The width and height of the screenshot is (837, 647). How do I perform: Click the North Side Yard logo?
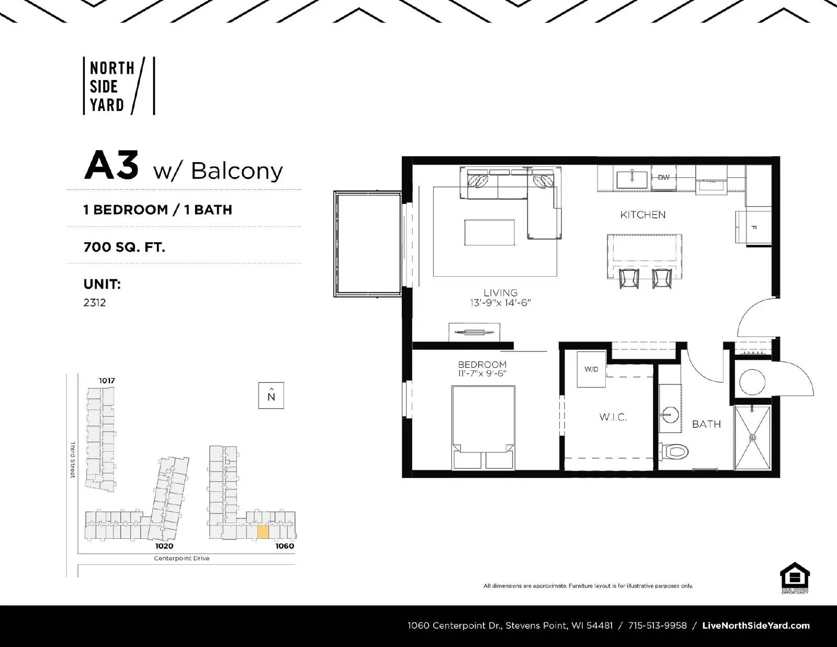click(119, 86)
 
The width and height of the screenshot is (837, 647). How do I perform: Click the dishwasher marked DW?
click(663, 178)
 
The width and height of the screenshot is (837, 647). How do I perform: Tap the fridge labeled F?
click(754, 228)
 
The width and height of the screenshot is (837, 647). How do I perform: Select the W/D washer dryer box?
click(591, 369)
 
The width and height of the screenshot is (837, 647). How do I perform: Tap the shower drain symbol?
click(753, 437)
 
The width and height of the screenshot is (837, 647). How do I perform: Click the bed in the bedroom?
click(483, 427)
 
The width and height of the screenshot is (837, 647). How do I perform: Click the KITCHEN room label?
click(643, 214)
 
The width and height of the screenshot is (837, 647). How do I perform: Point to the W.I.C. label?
click(613, 417)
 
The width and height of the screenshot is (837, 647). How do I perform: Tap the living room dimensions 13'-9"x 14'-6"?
click(501, 303)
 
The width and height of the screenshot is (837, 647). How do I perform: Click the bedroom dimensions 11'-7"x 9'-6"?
click(482, 373)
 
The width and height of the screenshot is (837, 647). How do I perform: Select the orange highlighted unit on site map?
click(263, 532)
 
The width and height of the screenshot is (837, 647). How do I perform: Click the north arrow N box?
click(271, 395)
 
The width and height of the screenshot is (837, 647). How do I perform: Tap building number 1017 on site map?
click(107, 380)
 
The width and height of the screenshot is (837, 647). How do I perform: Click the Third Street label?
click(73, 460)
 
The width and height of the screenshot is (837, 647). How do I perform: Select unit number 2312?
click(95, 302)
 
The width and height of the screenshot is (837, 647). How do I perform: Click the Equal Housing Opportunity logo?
click(795, 578)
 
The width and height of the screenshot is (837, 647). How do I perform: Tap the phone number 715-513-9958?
click(657, 626)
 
